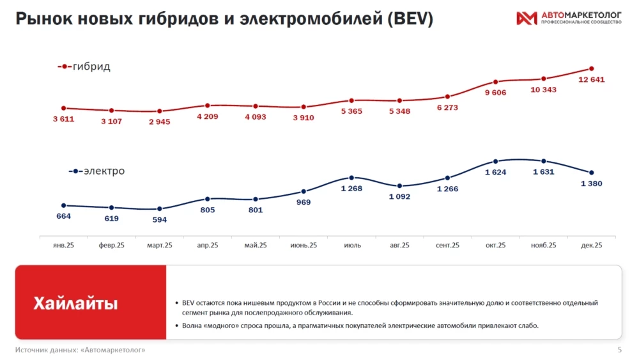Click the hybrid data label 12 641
pos(591,80)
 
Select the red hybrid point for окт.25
pos(495,82)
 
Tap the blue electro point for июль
pos(351,177)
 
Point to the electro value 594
pos(160,219)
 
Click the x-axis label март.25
pos(160,245)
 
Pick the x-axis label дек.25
pos(591,245)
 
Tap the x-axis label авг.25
pos(399,245)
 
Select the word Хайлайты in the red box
pos(75,303)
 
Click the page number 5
pos(619,350)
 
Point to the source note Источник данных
pos(81,350)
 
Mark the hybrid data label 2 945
pos(160,121)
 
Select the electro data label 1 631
pos(543,171)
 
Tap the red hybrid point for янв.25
pos(64,108)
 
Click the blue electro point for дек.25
pos(591,173)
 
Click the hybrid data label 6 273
pos(447,107)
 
